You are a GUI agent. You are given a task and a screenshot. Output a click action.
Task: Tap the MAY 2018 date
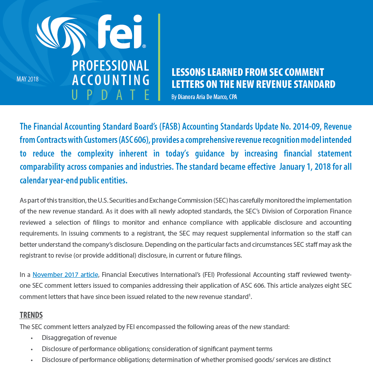(x=27, y=79)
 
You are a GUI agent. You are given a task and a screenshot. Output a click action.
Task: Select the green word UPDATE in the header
(x=111, y=95)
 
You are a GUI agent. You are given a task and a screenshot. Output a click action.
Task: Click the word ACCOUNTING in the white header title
(x=111, y=80)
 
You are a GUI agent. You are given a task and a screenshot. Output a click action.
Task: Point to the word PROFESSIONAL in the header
(x=111, y=65)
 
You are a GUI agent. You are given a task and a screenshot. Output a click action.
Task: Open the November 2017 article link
(x=65, y=275)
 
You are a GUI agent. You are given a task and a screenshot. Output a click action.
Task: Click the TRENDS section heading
(x=31, y=315)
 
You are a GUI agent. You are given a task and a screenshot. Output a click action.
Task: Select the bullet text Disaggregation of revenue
(x=79, y=338)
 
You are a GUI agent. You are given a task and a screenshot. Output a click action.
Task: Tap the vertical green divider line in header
(x=159, y=56)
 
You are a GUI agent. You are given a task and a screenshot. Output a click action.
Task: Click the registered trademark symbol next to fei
(x=144, y=47)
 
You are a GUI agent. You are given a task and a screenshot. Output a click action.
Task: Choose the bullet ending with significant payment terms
(x=157, y=349)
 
